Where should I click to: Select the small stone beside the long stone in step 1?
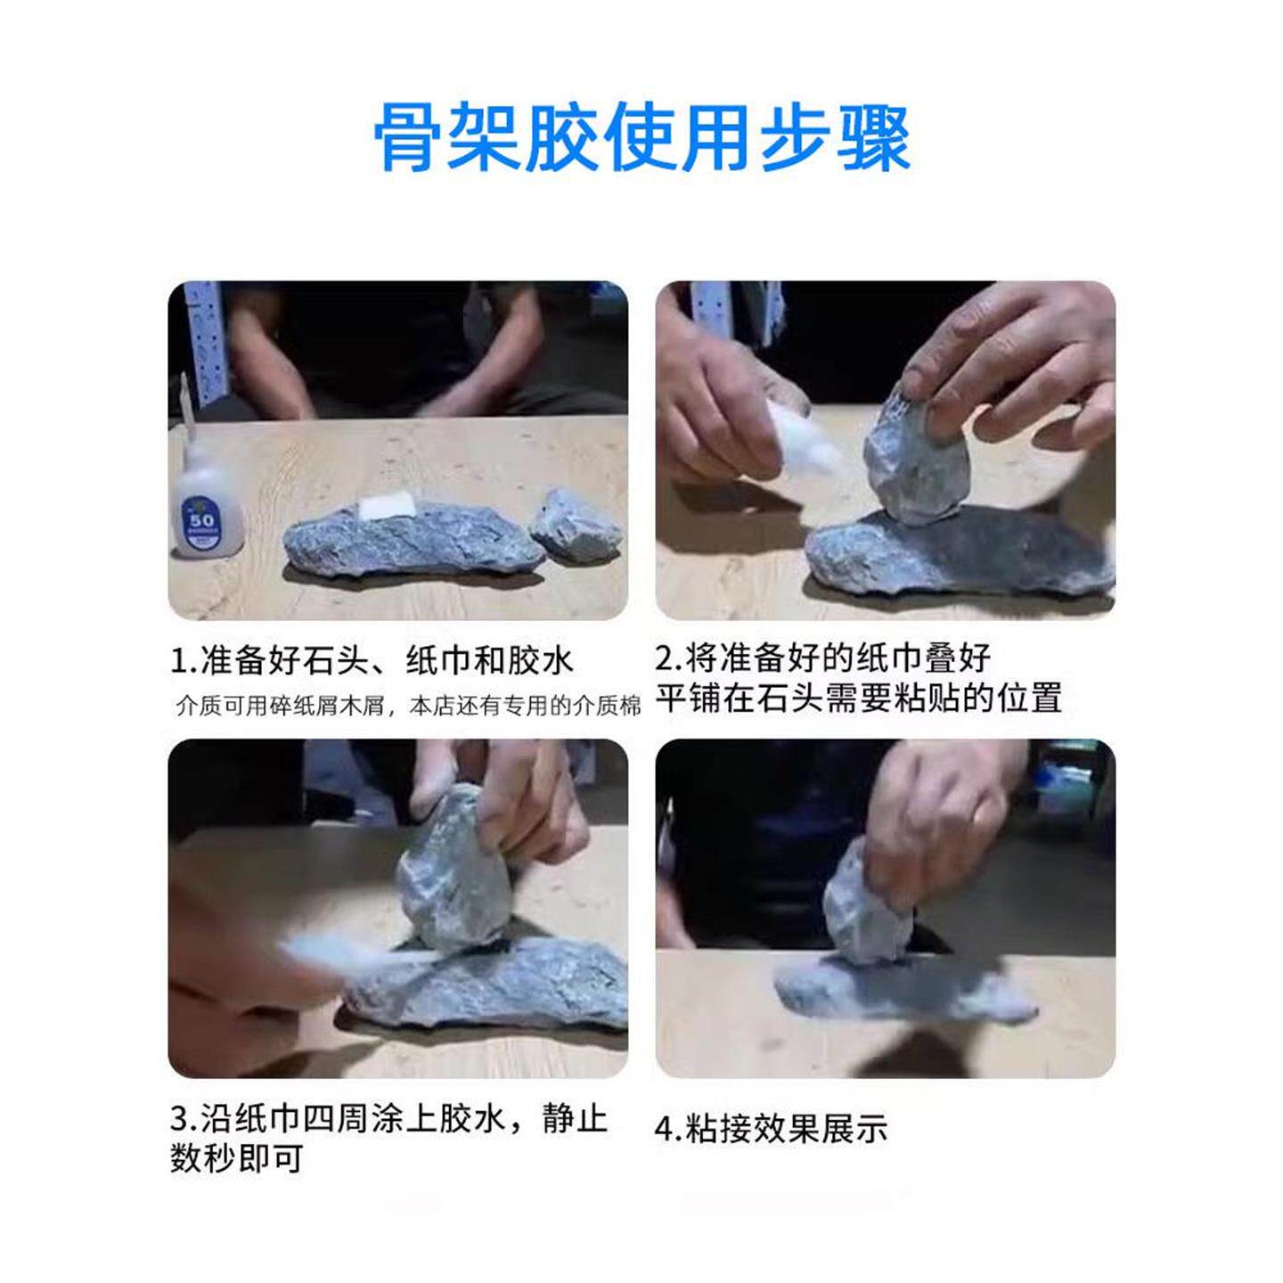pos(576,526)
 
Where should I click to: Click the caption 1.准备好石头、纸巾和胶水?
pos(372,661)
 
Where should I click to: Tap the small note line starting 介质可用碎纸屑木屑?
pos(408,706)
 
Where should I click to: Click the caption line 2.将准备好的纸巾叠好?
pos(823,658)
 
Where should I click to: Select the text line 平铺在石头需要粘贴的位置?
pos(858,697)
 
